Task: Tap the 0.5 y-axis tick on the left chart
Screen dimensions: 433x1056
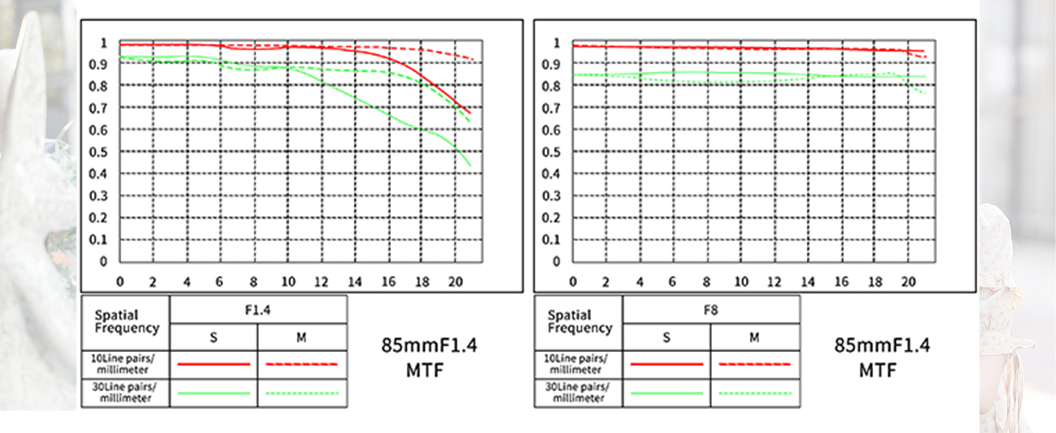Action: (102, 152)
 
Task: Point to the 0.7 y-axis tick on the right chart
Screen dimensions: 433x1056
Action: (555, 108)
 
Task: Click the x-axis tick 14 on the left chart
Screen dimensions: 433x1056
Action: (355, 281)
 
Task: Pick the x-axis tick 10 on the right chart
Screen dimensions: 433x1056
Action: (741, 281)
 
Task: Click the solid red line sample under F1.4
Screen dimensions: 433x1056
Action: (214, 364)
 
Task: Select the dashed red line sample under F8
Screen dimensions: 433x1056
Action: (754, 364)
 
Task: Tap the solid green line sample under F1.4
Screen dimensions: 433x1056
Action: (214, 393)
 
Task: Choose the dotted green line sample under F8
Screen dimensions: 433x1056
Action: (754, 393)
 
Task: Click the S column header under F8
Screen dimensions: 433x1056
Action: (666, 337)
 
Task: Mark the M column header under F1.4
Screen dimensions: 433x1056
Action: (302, 337)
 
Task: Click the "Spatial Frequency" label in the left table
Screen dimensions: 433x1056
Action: (126, 322)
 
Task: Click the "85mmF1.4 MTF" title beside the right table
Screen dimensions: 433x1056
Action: (881, 357)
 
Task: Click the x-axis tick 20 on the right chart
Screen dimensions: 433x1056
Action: (909, 281)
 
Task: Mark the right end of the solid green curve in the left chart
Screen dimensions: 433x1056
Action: (470, 166)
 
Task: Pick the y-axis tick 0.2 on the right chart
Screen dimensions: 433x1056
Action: (555, 217)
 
